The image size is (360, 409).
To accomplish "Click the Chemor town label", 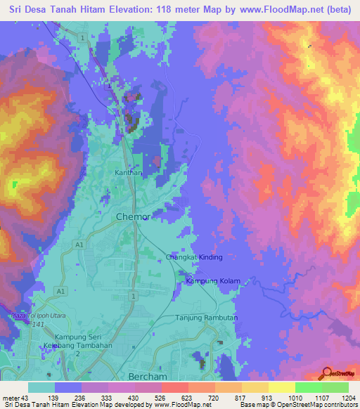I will point(132,217).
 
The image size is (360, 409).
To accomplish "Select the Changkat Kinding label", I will point(194,257).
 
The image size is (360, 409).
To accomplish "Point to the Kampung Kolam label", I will point(212,281).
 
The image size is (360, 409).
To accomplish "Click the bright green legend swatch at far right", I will point(335,387).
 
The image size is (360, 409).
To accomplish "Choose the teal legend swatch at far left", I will point(41,387).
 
